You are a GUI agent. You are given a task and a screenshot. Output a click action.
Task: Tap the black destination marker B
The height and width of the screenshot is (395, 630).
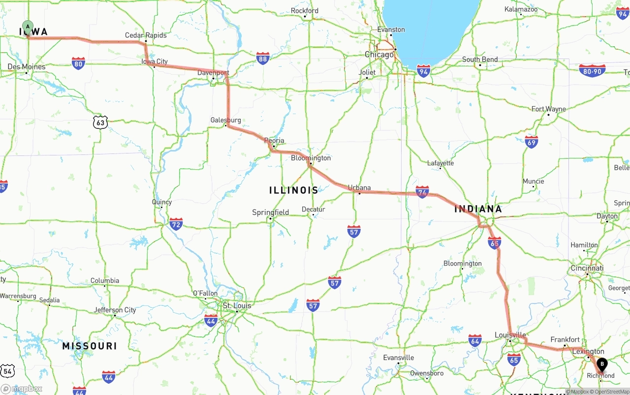point(602,365)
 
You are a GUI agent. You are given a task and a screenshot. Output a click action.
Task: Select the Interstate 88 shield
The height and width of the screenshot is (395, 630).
point(263,59)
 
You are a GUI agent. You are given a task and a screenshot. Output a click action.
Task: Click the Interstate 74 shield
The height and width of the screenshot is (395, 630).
point(422,192)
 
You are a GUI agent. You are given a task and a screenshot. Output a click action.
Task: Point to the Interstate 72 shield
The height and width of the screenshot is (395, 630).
point(176,224)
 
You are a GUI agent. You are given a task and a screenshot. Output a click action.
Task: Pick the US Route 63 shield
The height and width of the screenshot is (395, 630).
point(100,122)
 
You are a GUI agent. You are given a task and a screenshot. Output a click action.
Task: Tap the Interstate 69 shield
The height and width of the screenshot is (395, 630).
point(531,142)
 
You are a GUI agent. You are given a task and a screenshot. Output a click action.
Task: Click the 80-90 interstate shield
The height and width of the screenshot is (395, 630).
point(592,71)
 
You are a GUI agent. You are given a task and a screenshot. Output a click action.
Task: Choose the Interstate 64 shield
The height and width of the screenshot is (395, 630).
point(475,340)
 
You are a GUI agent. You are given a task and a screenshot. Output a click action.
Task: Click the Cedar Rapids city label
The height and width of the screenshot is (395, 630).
point(146,35)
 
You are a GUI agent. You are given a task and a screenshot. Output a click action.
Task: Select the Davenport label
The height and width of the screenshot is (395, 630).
point(213,73)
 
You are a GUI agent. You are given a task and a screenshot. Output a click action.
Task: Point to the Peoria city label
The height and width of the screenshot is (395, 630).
point(274,141)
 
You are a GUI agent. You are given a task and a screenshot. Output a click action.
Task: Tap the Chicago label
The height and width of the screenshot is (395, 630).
point(379,55)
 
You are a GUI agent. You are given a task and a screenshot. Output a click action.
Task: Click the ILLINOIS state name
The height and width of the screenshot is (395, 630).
point(294,190)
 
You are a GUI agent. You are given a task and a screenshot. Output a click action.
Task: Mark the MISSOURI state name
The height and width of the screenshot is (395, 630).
point(90,346)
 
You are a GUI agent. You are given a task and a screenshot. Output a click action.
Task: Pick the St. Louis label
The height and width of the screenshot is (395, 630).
point(237,305)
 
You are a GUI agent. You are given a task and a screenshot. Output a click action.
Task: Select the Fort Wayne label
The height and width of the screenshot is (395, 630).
point(549,109)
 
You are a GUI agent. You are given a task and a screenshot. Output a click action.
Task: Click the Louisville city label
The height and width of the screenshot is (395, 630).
point(510,335)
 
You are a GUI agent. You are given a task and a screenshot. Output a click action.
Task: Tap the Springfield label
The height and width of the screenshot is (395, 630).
point(271,213)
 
